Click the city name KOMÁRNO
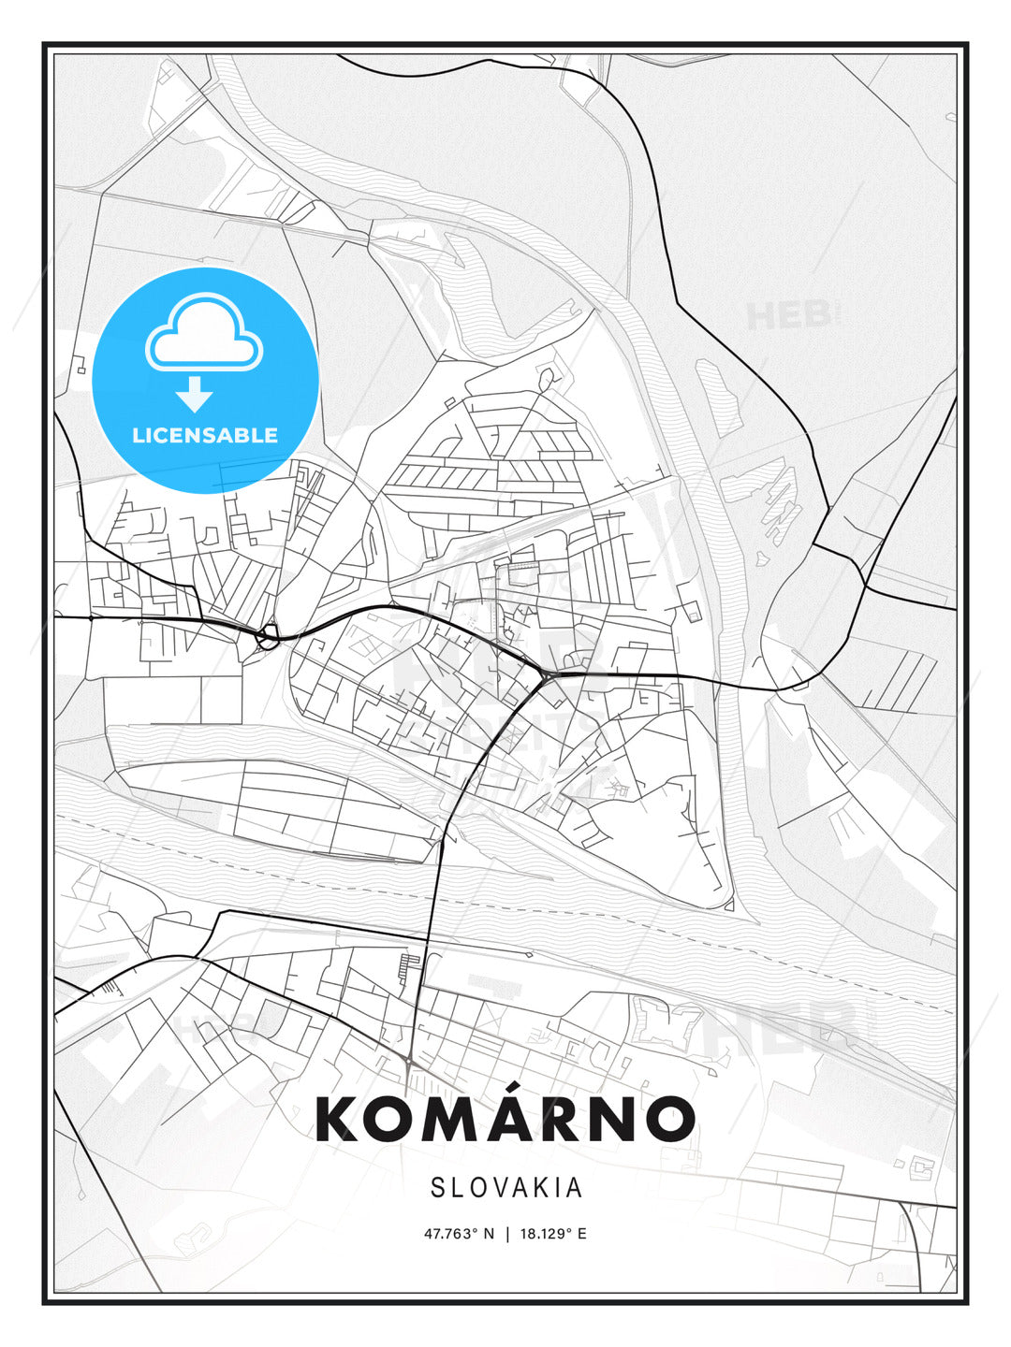click(505, 1119)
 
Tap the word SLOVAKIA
click(506, 1188)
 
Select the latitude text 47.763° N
click(459, 1234)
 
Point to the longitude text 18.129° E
click(552, 1234)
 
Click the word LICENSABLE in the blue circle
click(205, 435)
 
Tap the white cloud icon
click(204, 334)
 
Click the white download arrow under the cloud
click(194, 395)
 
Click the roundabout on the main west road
click(269, 639)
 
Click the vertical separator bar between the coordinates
click(506, 1234)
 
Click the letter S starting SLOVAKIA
click(437, 1188)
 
